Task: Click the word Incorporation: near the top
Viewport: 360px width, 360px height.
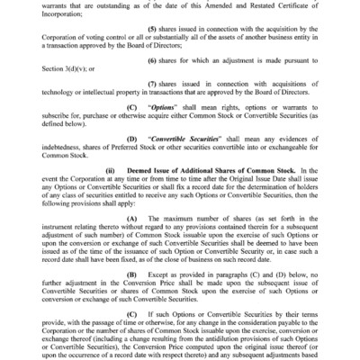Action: point(61,20)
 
